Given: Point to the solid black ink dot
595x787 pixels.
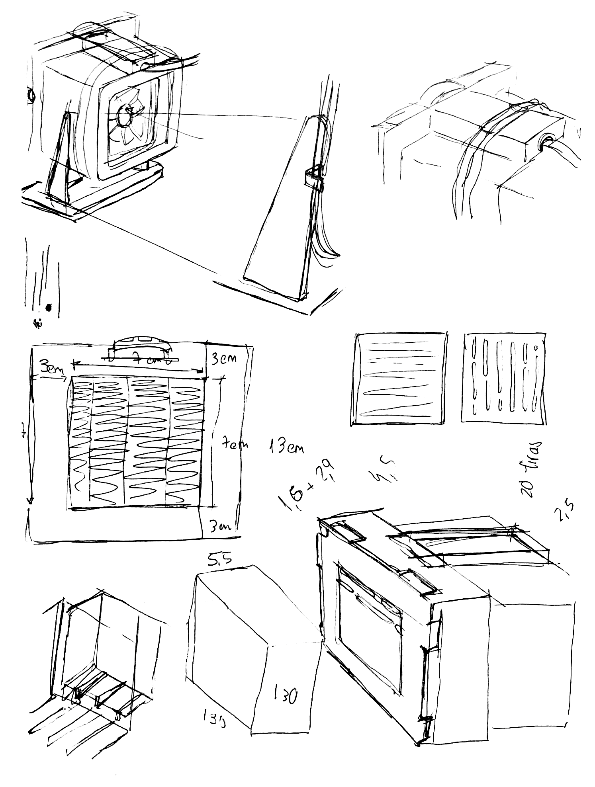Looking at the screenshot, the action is coord(49,307).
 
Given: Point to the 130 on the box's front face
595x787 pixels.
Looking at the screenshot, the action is coord(285,695).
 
